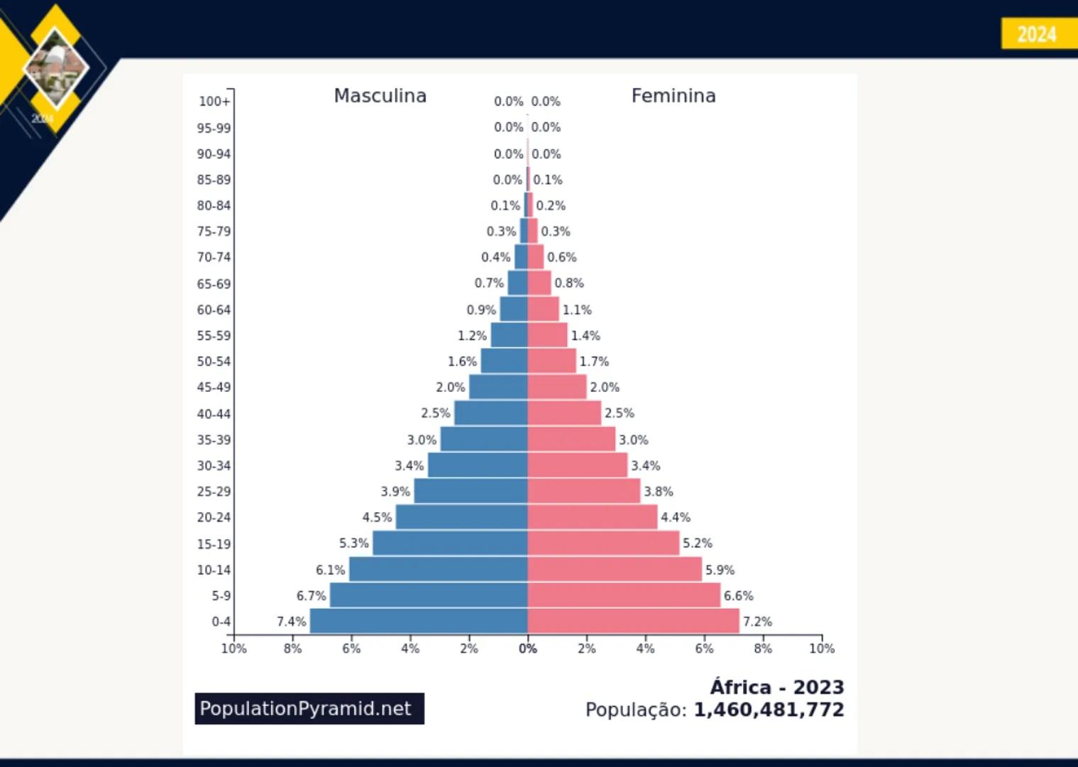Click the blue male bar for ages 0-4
(x=419, y=621)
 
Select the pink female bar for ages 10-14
(x=615, y=570)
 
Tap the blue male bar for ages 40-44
(x=490, y=413)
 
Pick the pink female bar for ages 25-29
(x=583, y=491)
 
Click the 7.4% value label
(x=291, y=622)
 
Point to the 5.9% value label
(x=720, y=570)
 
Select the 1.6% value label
(x=462, y=361)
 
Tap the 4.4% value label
(x=676, y=518)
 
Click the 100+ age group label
(x=214, y=102)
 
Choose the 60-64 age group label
(x=214, y=310)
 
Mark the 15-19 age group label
(x=214, y=544)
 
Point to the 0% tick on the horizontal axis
(x=527, y=649)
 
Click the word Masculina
(x=380, y=96)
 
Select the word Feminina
(x=673, y=96)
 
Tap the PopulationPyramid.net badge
(x=309, y=709)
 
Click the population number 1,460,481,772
(x=769, y=710)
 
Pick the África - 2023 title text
(x=777, y=687)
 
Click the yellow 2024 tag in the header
(x=1038, y=34)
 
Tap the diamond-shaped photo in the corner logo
(x=55, y=68)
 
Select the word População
(x=635, y=710)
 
